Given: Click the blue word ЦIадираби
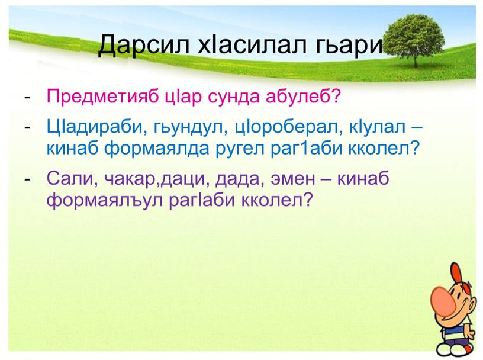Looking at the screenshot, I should [x=93, y=124].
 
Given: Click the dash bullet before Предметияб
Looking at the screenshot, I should [x=29, y=96].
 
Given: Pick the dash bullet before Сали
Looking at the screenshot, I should [x=29, y=176].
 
